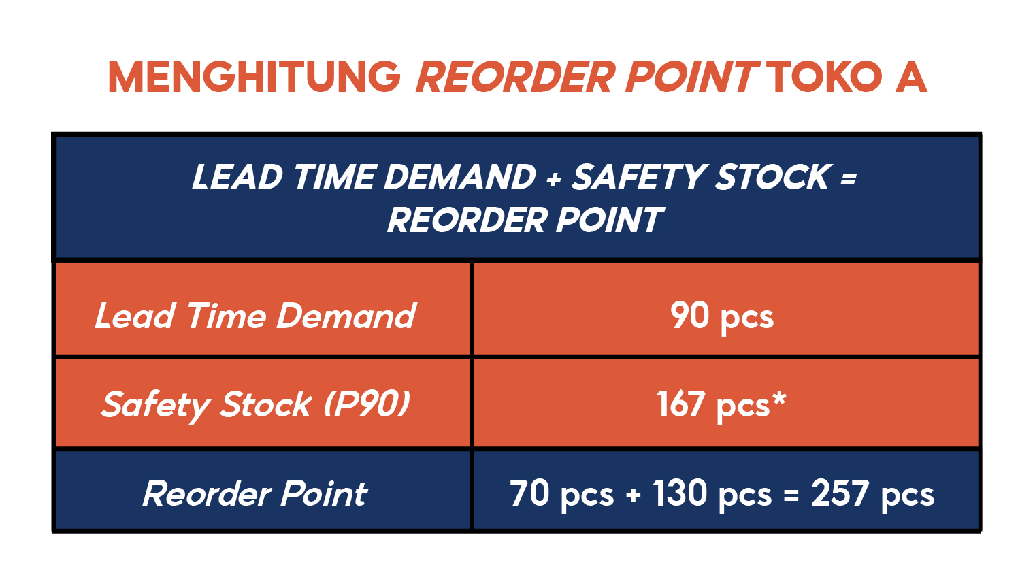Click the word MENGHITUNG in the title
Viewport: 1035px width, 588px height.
tap(254, 77)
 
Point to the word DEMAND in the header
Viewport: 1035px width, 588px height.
tap(460, 177)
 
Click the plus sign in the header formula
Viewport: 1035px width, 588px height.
tap(553, 178)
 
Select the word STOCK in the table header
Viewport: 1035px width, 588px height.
tap(772, 177)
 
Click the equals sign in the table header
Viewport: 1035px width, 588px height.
tap(849, 178)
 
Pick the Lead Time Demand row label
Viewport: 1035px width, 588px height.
tap(255, 316)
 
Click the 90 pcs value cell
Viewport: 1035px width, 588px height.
tap(722, 316)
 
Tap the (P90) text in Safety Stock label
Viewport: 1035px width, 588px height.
tap(367, 404)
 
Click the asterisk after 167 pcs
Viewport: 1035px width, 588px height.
tap(779, 398)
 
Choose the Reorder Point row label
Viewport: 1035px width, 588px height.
tap(255, 493)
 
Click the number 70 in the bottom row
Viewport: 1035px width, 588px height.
tap(529, 493)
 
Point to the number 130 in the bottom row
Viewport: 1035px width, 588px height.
tap(680, 493)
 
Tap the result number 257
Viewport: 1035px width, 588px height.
tap(840, 493)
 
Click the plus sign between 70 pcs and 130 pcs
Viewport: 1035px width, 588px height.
tap(634, 495)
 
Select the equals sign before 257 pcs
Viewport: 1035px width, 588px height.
tap(791, 495)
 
